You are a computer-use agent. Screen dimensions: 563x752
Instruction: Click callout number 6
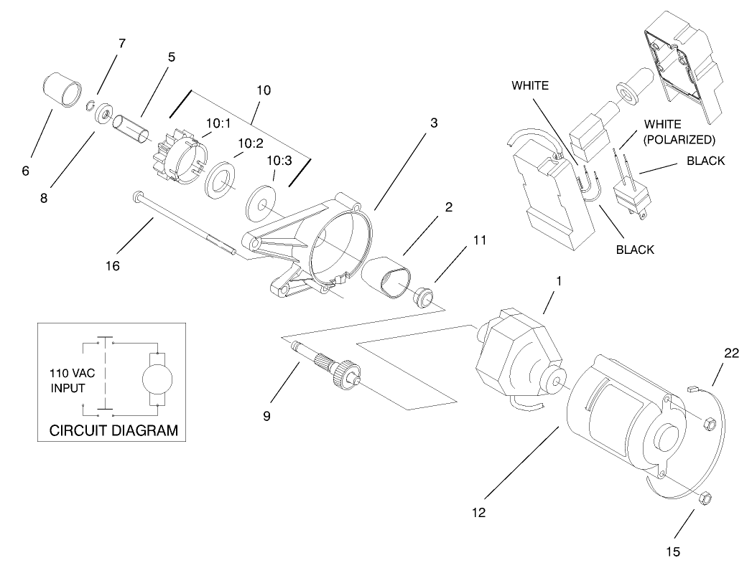click(26, 171)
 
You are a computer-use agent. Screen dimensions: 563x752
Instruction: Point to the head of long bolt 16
click(135, 195)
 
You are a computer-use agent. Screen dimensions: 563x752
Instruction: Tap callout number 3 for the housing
click(434, 123)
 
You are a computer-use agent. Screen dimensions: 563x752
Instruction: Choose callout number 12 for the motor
click(479, 513)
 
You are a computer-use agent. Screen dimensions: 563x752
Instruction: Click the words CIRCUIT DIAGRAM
click(113, 431)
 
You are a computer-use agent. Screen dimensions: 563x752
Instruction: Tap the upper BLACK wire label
click(705, 161)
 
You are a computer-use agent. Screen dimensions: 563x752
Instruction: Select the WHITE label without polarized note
click(530, 85)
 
